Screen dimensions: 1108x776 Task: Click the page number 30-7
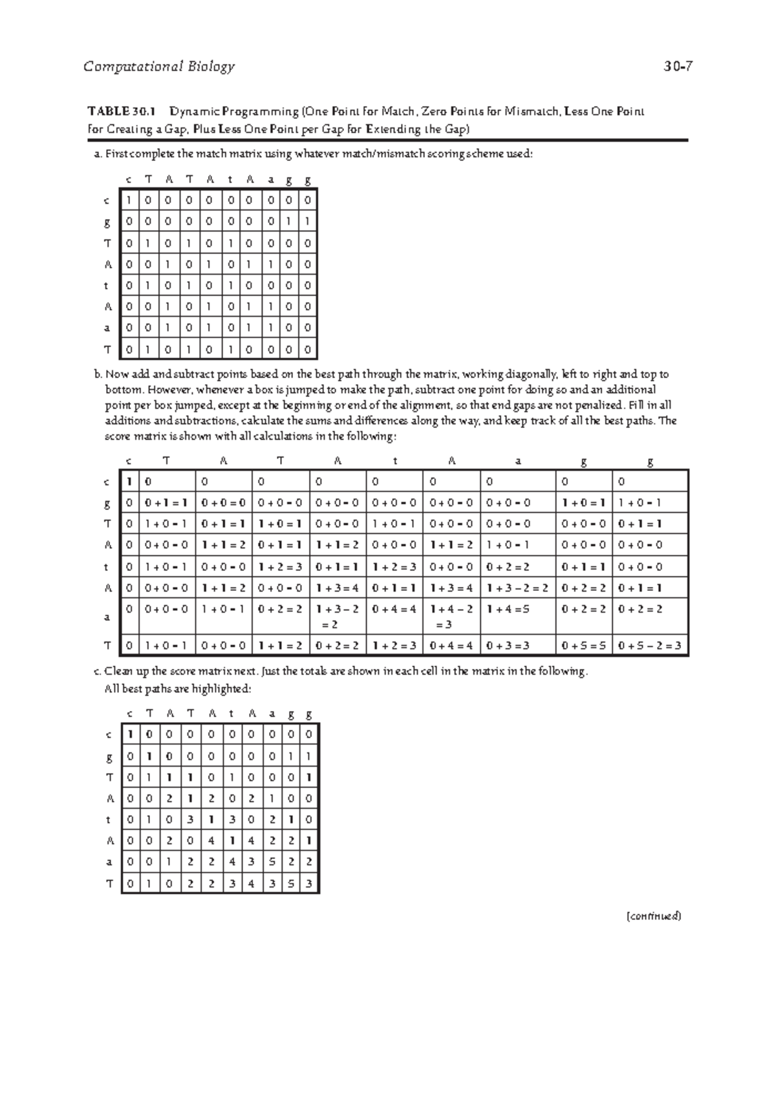[678, 67]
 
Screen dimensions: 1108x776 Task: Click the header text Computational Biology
[159, 67]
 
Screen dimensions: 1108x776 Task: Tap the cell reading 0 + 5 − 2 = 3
[649, 645]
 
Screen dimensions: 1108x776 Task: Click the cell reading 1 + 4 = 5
[508, 609]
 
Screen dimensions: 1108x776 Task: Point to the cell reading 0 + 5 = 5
[584, 645]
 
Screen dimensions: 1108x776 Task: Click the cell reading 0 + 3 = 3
[508, 645]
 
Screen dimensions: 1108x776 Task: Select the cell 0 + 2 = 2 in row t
[508, 567]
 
